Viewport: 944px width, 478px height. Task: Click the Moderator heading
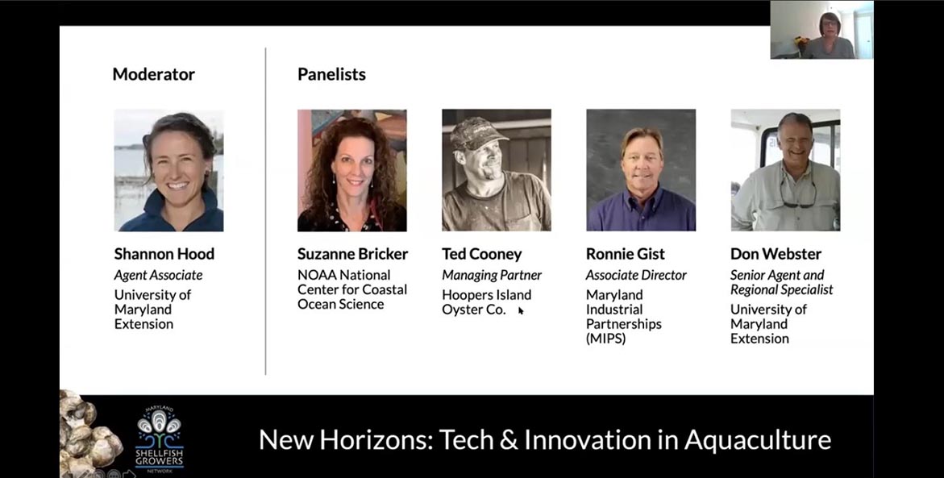point(153,74)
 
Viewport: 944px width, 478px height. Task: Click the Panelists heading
point(331,74)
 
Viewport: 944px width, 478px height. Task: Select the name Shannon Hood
point(164,254)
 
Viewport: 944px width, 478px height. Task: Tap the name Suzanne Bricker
point(353,254)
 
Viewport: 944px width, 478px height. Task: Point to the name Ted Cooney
point(481,254)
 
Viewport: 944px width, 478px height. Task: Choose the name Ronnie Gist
point(626,254)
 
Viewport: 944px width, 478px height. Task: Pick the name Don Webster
point(776,254)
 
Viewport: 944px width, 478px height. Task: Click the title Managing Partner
point(492,275)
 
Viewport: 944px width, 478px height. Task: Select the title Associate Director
point(636,275)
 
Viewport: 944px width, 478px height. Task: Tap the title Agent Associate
point(158,275)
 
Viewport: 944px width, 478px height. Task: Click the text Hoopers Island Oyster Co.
point(486,302)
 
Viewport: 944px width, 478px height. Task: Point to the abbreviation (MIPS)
point(606,339)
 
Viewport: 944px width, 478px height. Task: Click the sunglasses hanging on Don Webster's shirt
point(798,196)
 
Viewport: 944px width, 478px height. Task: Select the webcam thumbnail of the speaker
point(821,30)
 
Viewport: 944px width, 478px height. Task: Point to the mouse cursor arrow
point(521,310)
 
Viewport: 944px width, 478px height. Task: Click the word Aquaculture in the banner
point(757,440)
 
